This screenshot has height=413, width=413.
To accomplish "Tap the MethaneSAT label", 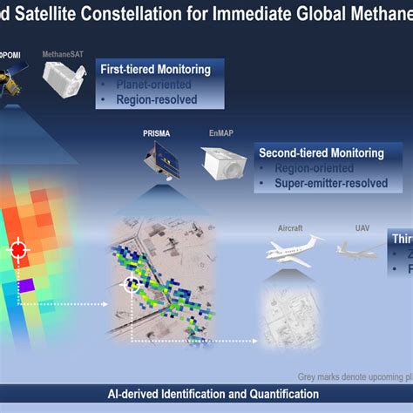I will click(x=62, y=54).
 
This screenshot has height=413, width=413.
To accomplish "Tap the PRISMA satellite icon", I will click(x=162, y=161).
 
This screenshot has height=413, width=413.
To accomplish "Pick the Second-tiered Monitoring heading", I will click(x=322, y=152).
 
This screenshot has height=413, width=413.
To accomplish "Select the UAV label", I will click(x=362, y=227).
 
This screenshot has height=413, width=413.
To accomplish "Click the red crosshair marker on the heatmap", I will click(x=17, y=251).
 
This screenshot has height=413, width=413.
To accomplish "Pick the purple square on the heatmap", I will click(x=27, y=284).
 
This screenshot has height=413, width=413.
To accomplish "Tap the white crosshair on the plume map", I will click(x=132, y=282).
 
